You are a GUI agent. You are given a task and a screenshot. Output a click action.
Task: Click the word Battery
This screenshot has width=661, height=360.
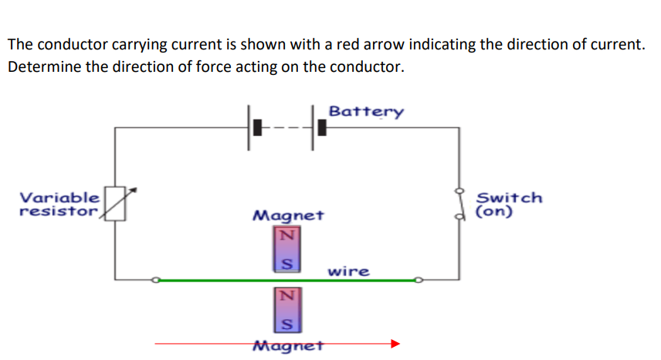tap(365, 111)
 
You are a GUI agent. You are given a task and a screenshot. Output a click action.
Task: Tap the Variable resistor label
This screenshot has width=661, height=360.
tap(59, 203)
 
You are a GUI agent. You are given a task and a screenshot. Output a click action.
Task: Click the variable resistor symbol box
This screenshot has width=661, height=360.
tap(115, 203)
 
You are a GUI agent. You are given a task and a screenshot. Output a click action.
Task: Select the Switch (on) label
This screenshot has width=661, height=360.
tap(509, 203)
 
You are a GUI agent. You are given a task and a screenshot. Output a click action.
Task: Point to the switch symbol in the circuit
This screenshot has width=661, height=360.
tap(460, 203)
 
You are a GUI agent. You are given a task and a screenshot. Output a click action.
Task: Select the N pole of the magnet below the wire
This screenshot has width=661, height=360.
tap(286, 295)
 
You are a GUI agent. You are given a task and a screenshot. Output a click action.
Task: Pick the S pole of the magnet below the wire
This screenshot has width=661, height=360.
tap(286, 322)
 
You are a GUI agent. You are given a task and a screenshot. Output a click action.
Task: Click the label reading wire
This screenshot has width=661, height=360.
tap(348, 272)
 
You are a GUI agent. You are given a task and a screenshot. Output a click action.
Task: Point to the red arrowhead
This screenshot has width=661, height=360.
tap(395, 343)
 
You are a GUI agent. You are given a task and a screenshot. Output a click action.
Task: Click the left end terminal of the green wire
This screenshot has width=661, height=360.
tap(155, 280)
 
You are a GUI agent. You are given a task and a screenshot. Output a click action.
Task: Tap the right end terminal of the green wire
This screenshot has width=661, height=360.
tap(419, 280)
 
